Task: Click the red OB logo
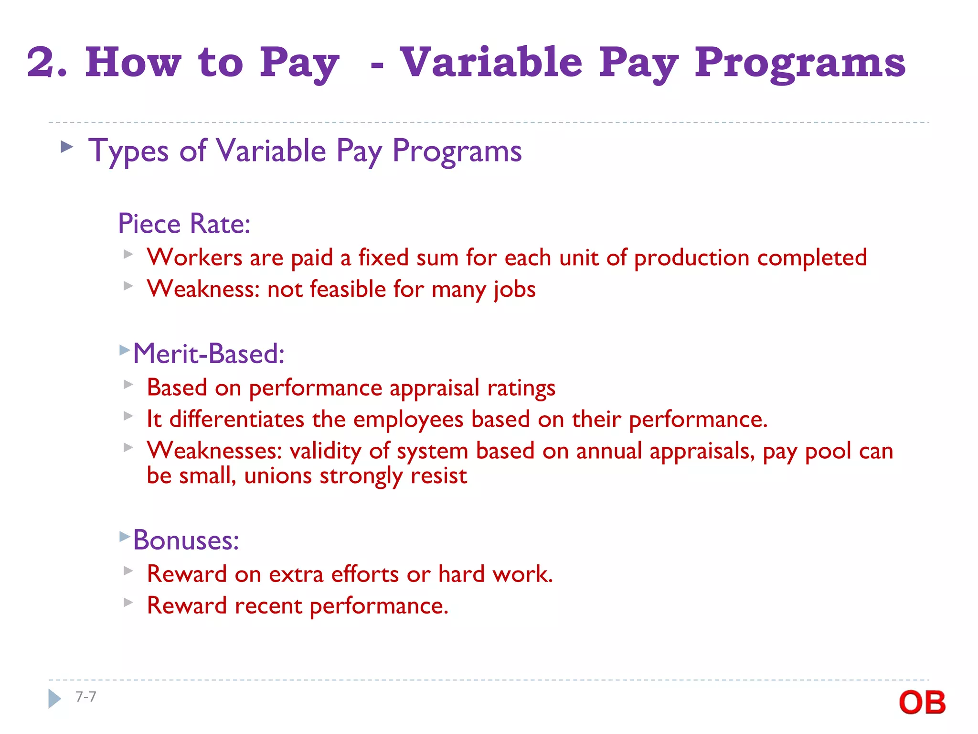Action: [922, 702]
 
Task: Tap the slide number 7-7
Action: [86, 697]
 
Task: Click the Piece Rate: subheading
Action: [184, 224]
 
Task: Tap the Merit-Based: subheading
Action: [209, 354]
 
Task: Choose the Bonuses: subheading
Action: [186, 540]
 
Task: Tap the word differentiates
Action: [237, 420]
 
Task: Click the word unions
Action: [278, 476]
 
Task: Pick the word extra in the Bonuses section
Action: [296, 574]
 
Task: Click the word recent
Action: [268, 606]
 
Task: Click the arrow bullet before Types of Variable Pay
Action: [67, 147]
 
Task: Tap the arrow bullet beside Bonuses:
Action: [125, 536]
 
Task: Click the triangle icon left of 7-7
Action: [54, 699]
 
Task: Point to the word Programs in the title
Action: [800, 63]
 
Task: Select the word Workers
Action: [194, 258]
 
